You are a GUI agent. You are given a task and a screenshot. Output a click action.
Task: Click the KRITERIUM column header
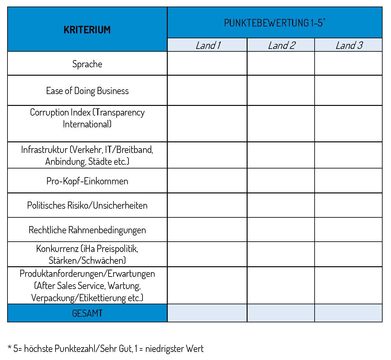(87, 30)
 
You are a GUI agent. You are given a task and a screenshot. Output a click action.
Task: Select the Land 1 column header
(208, 45)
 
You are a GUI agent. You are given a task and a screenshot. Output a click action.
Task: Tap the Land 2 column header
(281, 45)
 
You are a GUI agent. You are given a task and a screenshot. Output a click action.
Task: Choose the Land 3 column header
(349, 45)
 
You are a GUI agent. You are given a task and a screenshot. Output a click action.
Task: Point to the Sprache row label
(87, 64)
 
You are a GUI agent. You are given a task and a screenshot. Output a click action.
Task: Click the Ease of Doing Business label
(87, 91)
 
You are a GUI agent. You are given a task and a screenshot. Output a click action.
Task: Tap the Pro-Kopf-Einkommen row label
(87, 181)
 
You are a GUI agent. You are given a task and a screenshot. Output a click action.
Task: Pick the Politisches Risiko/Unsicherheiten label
(87, 206)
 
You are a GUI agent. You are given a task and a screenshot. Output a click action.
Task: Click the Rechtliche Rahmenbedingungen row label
(87, 230)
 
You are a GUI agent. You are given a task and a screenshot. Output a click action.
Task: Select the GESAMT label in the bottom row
(87, 313)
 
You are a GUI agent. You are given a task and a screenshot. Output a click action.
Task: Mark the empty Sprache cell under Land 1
(207, 64)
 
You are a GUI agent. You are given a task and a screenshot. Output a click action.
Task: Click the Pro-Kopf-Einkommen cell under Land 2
(281, 181)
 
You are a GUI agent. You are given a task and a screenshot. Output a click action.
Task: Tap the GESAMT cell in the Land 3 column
(348, 313)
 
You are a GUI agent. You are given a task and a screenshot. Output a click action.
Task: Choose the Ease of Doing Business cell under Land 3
(348, 90)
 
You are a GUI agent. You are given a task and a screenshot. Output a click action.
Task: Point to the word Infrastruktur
(44, 150)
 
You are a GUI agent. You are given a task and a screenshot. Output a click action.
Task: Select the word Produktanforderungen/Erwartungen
(87, 274)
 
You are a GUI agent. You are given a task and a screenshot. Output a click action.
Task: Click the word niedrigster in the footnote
(164, 348)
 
